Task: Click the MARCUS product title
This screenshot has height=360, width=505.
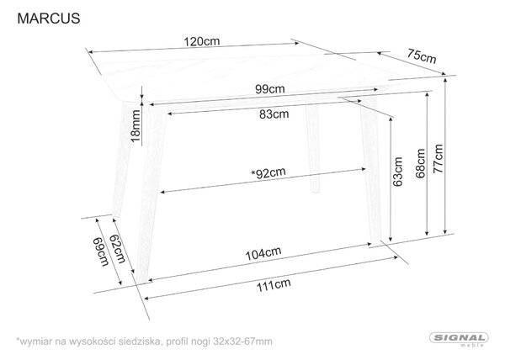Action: [x=49, y=19]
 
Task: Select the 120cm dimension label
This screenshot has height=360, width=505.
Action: [x=202, y=41]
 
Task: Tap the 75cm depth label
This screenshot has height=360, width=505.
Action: [x=422, y=56]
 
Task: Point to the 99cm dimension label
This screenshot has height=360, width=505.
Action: [x=270, y=89]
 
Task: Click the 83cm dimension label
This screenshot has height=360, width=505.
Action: [x=274, y=114]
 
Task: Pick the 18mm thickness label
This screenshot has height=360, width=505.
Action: [x=136, y=126]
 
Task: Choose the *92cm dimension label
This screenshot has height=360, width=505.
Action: [x=268, y=173]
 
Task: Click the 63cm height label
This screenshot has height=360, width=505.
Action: [x=398, y=172]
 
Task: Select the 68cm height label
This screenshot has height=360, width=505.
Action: [x=420, y=163]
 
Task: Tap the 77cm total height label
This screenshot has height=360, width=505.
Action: [x=438, y=159]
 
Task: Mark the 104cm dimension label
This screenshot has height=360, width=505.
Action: [x=263, y=253]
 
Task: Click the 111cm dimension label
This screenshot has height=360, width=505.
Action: [x=274, y=285]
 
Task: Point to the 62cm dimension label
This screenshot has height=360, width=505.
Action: [x=118, y=249]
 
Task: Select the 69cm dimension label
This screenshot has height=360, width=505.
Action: [x=101, y=251]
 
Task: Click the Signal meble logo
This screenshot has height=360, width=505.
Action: [x=459, y=340]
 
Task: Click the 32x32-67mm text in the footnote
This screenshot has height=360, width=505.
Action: [x=243, y=341]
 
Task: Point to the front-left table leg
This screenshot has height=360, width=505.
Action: [x=151, y=192]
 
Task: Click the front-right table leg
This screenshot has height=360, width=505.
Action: [x=371, y=171]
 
